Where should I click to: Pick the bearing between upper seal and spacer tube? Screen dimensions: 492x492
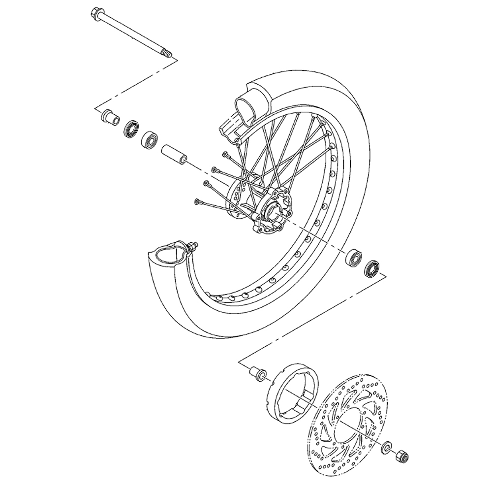click(149, 139)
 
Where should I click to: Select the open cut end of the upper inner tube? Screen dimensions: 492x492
click(246, 108)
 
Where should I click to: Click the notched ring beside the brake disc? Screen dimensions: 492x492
click(291, 389)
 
